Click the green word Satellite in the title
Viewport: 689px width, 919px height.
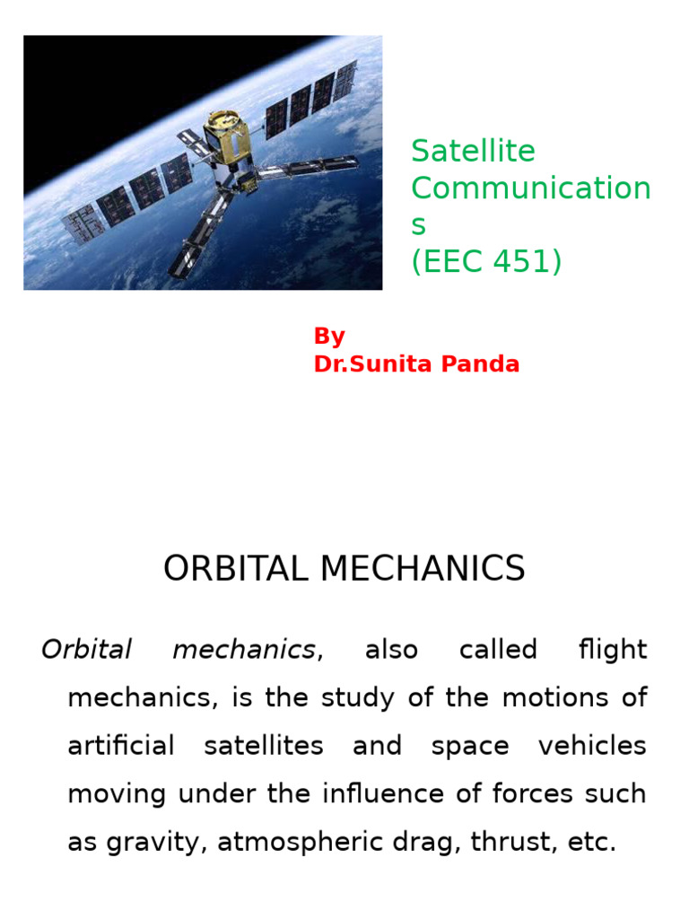point(473,152)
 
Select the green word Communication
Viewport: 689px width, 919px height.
point(530,189)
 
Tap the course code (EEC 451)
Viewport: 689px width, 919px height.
point(486,263)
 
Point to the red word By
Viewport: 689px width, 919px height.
point(329,337)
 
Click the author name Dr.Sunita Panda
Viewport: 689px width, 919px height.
point(416,364)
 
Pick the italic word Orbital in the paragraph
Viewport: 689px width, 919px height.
point(86,650)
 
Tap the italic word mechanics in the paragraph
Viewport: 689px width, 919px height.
point(244,650)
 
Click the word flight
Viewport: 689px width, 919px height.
point(613,650)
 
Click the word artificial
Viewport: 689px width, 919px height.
point(120,747)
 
